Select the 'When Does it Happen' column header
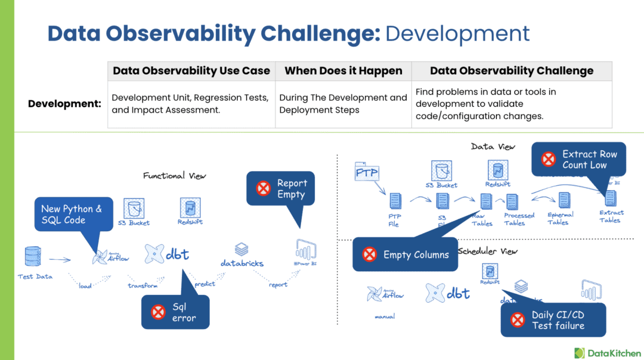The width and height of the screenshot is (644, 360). point(343,71)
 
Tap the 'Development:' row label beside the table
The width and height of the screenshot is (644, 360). point(64,104)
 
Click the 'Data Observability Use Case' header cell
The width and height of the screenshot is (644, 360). point(191,71)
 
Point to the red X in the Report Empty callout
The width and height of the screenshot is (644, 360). point(263,188)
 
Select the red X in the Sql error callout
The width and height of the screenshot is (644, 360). point(158,312)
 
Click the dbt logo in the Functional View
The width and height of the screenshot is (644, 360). point(167,254)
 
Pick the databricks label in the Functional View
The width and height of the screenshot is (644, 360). point(242,263)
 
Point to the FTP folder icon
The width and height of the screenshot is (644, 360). point(367,172)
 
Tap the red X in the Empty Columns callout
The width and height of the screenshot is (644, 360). point(370,255)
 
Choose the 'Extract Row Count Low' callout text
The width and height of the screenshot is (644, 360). point(589,159)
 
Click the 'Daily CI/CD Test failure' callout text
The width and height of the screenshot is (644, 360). point(558,320)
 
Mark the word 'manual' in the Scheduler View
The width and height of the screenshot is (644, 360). point(385,316)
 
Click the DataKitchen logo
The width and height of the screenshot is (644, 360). point(607,352)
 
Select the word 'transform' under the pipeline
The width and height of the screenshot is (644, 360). point(143,286)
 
